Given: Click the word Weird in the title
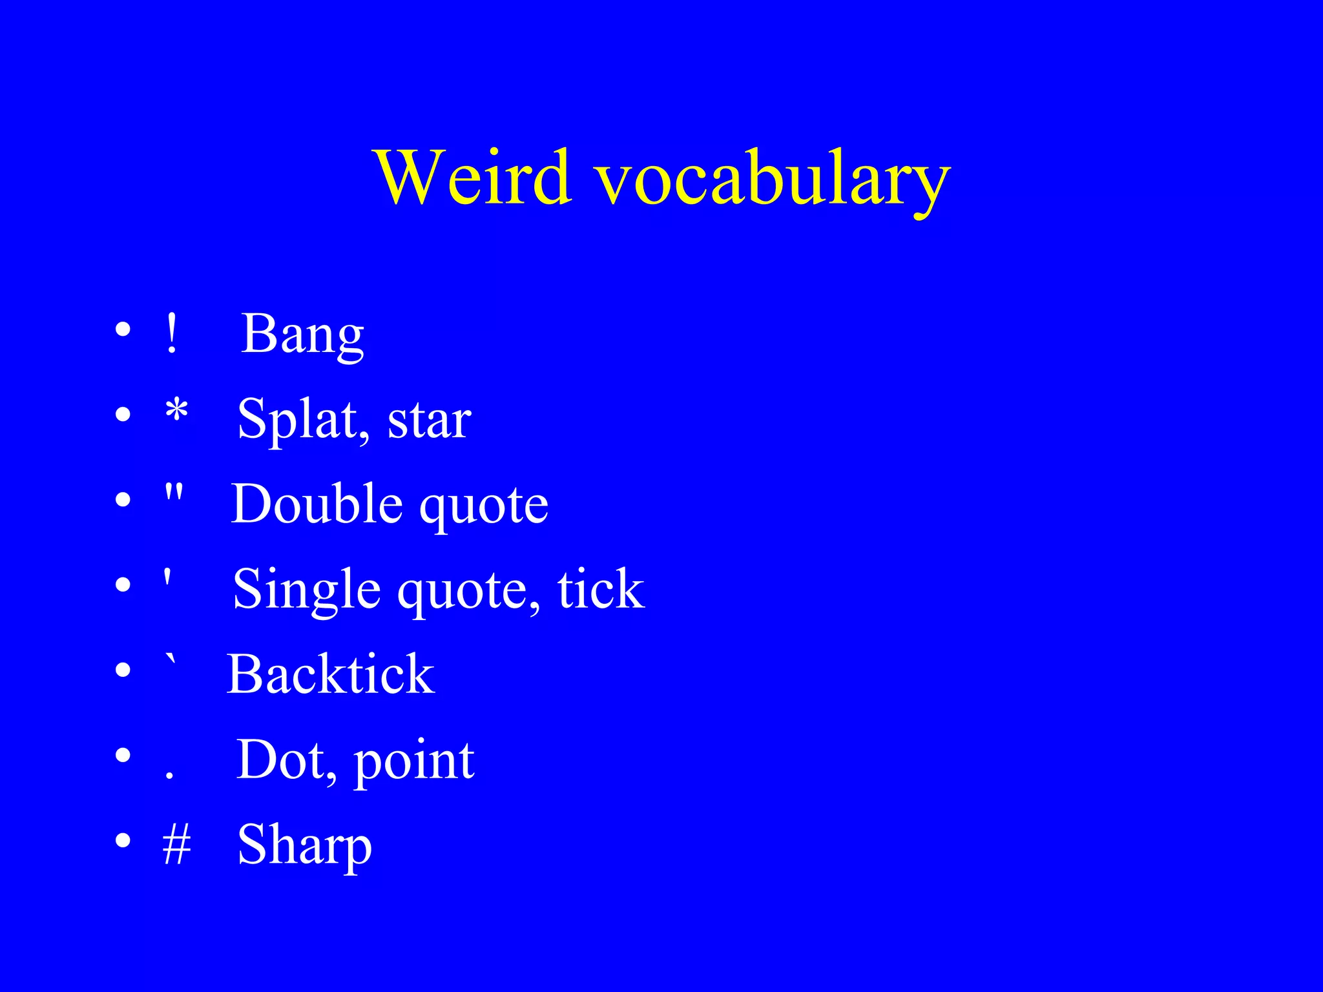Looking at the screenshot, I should [x=474, y=177].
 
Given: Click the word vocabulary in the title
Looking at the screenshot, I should [x=773, y=181].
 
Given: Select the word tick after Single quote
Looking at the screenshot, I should [x=601, y=589].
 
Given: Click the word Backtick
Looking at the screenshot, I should [x=331, y=674].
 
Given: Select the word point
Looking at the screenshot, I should [x=414, y=762].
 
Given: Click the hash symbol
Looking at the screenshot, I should [x=176, y=844].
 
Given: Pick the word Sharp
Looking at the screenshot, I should [x=304, y=845].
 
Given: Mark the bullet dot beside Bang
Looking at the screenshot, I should [x=123, y=330].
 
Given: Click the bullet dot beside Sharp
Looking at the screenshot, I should [x=123, y=840].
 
